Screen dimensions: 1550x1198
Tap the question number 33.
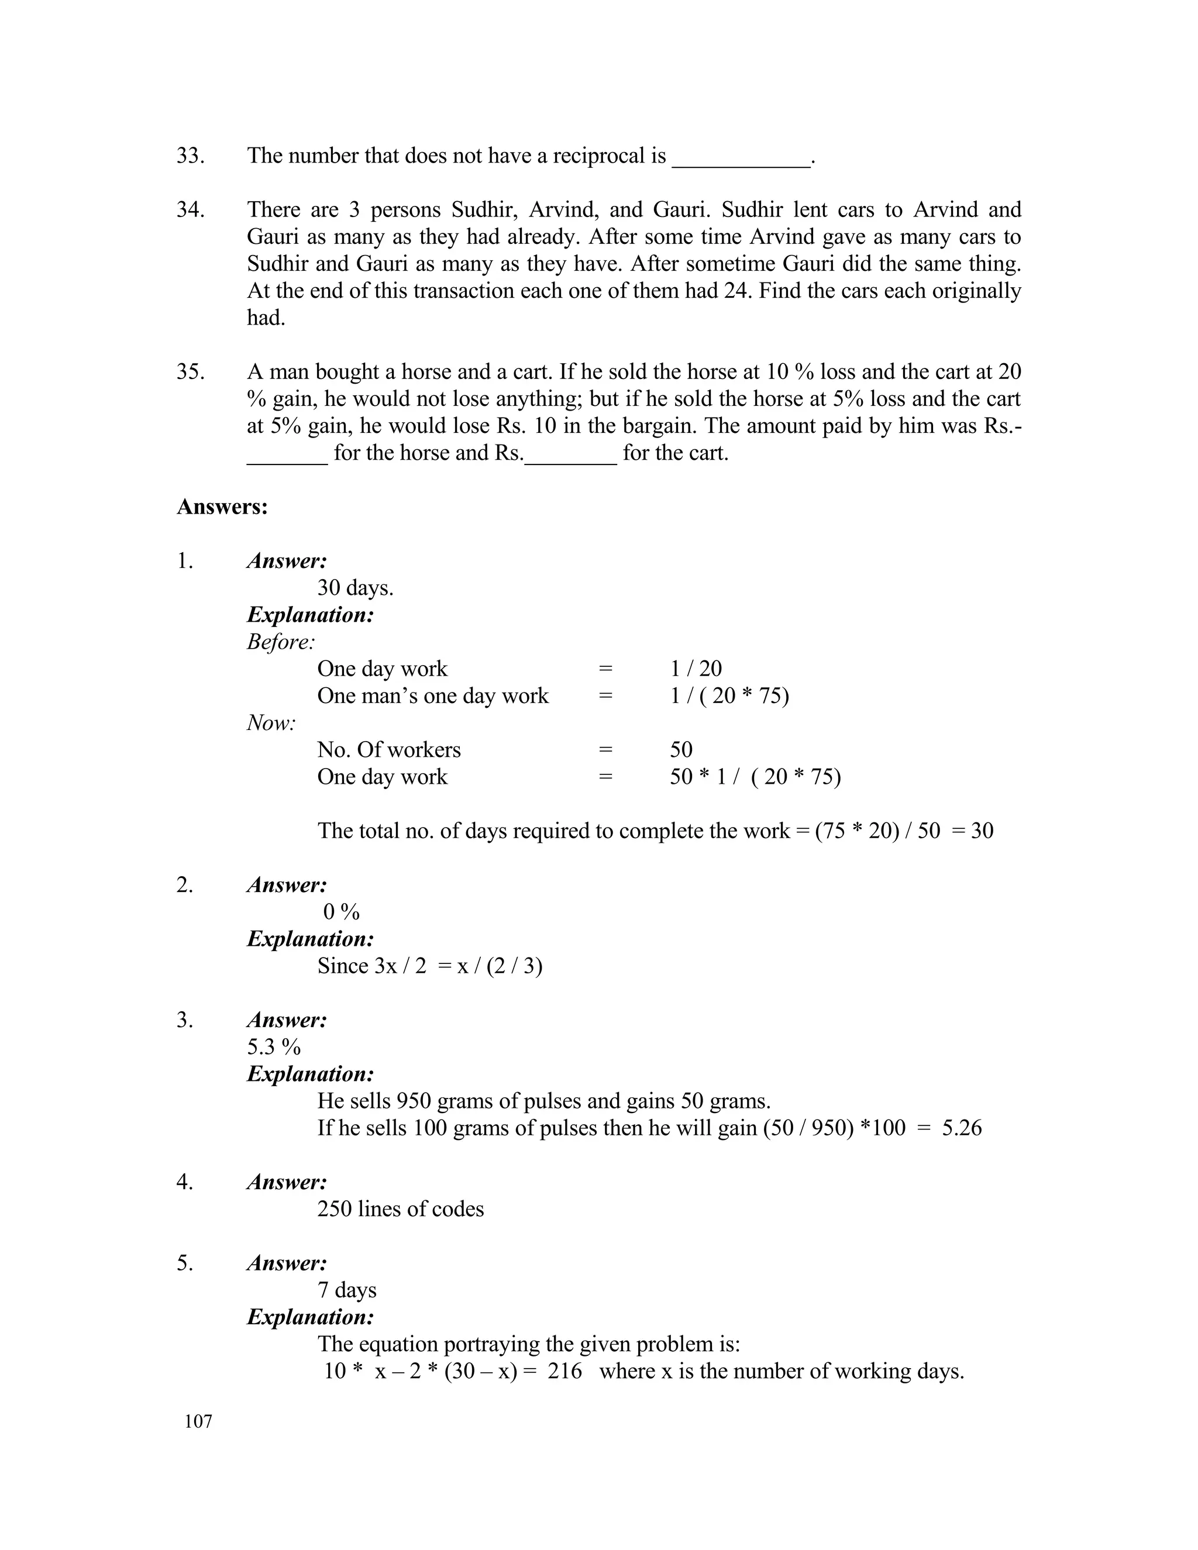190,156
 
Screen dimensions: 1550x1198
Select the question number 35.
190,371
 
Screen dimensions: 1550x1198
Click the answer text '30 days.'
355,588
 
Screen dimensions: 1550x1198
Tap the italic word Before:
281,642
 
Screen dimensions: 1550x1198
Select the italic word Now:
271,722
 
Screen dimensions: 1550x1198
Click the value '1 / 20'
696,669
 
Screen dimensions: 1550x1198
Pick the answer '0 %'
342,912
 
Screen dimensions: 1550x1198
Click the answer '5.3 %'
274,1047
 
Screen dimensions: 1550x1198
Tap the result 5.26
962,1128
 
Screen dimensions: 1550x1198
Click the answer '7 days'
346,1290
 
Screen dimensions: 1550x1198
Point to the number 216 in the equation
564,1370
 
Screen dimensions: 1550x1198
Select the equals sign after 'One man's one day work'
605,695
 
